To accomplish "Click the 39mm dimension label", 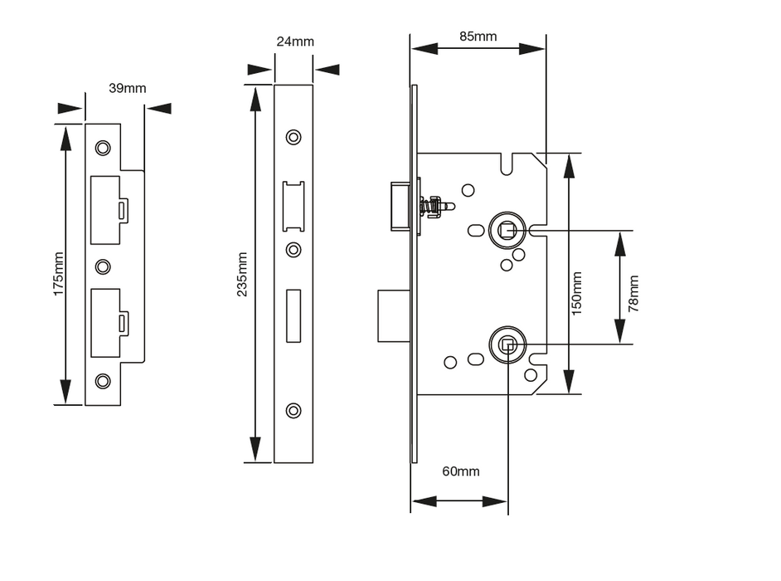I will (127, 88).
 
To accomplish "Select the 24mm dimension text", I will (295, 41).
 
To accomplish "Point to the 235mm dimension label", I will (240, 274).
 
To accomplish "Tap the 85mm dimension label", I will (478, 36).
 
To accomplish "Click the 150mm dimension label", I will (578, 292).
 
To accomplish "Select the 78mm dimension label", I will (634, 292).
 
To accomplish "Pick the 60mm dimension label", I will (460, 471).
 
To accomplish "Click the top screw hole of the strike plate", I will (103, 148).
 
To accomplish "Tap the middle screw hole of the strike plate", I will (103, 266).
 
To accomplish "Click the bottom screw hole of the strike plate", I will (103, 381).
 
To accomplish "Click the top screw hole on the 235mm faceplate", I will (293, 137).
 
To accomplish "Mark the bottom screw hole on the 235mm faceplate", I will (293, 410).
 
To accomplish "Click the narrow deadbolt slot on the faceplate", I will (293, 315).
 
